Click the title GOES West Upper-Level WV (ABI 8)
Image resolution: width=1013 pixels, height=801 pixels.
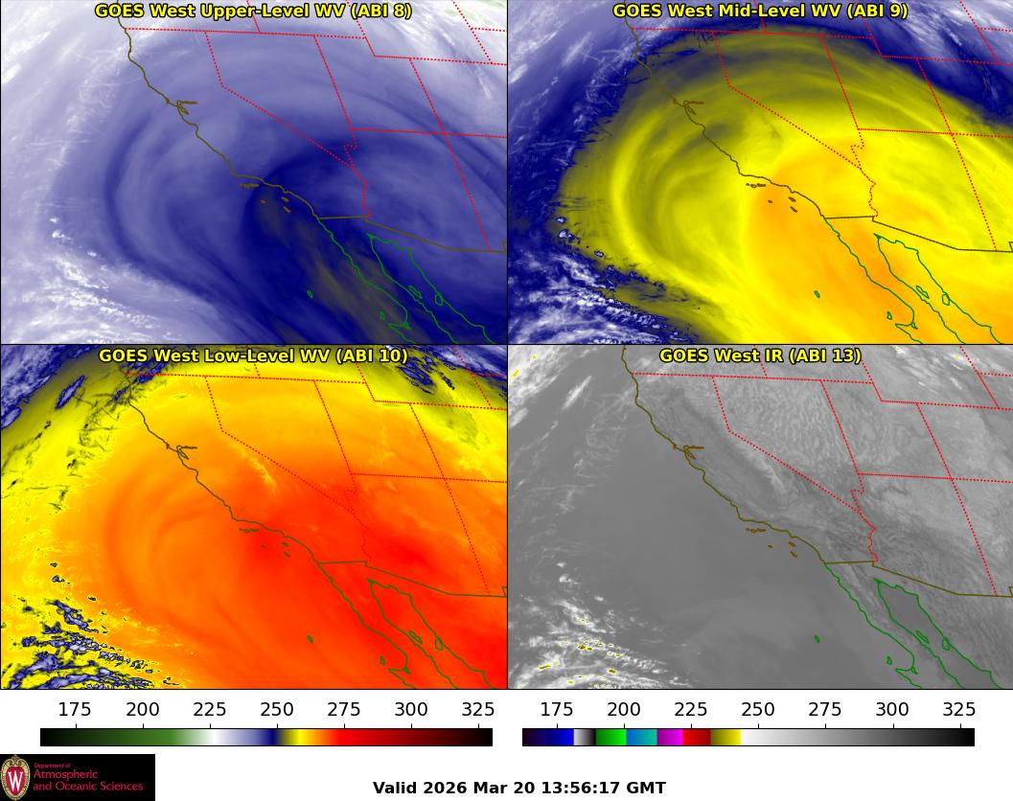[x=253, y=11]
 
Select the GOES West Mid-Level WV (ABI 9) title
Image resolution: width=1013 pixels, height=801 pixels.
[x=760, y=11]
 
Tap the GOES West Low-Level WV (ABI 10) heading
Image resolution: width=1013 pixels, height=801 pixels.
[x=253, y=355]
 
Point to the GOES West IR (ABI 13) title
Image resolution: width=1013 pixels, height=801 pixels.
[x=760, y=355]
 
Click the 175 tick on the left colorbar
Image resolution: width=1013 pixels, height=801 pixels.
[x=75, y=710]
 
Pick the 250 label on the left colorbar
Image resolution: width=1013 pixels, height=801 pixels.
[x=277, y=710]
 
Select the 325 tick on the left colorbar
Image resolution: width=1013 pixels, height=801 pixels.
[x=478, y=710]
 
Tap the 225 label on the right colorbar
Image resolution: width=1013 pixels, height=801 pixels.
[x=691, y=710]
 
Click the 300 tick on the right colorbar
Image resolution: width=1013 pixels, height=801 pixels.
[x=892, y=710]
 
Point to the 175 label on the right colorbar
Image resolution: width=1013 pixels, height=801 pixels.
[x=557, y=710]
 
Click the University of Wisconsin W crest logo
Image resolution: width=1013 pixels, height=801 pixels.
[x=16, y=776]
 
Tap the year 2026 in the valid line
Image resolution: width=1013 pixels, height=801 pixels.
[x=449, y=788]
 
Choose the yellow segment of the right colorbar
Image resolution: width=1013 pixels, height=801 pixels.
[x=725, y=737]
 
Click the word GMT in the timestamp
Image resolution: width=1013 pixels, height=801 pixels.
[x=647, y=788]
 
